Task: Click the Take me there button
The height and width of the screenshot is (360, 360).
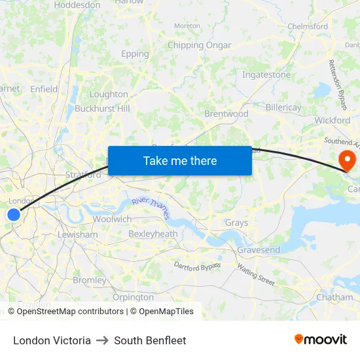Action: tap(180, 160)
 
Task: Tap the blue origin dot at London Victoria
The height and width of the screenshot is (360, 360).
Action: tap(14, 214)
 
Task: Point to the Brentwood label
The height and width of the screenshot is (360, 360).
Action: tap(226, 114)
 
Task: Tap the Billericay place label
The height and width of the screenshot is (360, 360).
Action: tap(283, 107)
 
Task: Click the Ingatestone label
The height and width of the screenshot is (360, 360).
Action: tap(266, 75)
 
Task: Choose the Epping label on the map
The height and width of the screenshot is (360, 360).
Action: tap(135, 54)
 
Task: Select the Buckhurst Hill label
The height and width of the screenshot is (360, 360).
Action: tap(102, 109)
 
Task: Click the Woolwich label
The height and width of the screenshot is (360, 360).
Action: tap(112, 219)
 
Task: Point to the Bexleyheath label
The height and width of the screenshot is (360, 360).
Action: tap(153, 234)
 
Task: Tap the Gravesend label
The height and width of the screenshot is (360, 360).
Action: tap(259, 250)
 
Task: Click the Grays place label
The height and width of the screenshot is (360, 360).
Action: tap(236, 223)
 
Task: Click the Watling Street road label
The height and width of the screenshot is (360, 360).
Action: tap(256, 274)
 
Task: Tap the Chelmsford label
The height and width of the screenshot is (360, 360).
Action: tap(308, 27)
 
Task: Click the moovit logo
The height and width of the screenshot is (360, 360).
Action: tap(320, 339)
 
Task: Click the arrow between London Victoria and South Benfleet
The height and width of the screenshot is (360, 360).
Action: tap(102, 340)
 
